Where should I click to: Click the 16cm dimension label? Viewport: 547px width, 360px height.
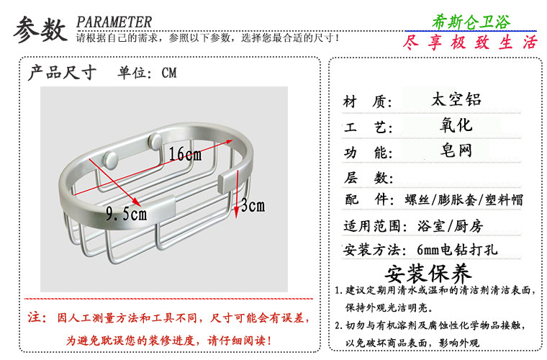[x=186, y=154]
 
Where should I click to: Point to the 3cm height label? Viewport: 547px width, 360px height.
[x=253, y=205]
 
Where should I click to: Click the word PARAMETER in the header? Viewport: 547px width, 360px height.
[x=114, y=22]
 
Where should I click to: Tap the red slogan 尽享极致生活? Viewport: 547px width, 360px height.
[x=471, y=42]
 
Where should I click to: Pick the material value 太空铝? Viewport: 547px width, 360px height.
[x=456, y=99]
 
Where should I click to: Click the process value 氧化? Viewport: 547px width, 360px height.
[x=456, y=125]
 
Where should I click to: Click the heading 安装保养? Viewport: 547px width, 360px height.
[x=429, y=274]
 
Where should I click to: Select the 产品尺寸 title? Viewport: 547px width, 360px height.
[x=62, y=73]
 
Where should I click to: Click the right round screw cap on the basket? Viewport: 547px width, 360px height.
[x=155, y=140]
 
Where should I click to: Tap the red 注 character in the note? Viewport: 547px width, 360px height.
[x=34, y=318]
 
